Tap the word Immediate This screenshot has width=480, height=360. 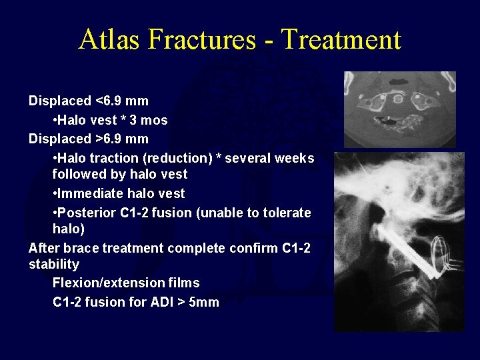[89, 193]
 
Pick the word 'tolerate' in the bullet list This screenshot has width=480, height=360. [287, 213]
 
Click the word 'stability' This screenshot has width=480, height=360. [54, 264]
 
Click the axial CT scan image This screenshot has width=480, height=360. [400, 109]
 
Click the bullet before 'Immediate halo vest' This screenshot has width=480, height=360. [55, 194]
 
